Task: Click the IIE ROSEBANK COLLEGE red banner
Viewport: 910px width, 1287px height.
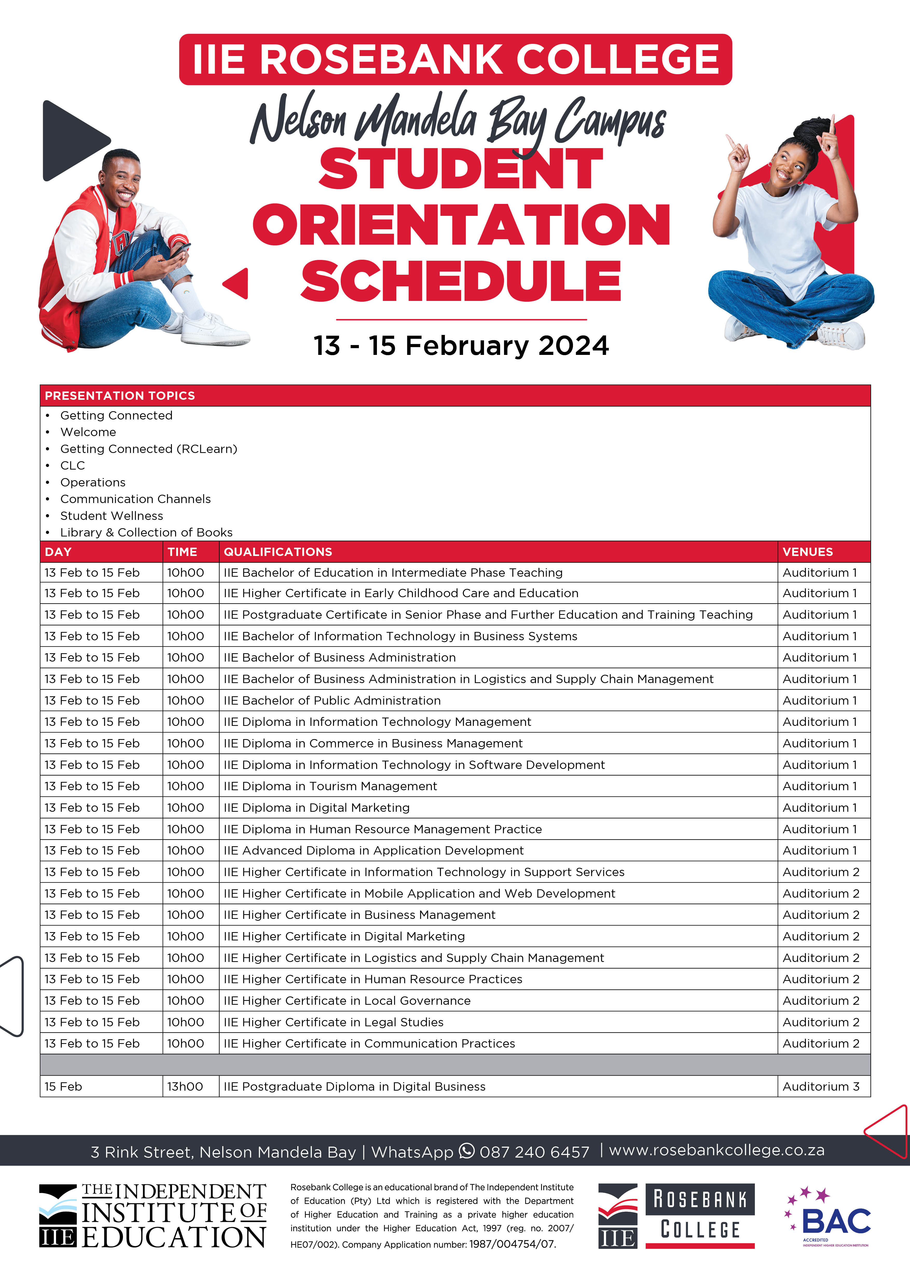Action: (455, 59)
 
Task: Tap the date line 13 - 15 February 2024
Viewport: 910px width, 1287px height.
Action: (461, 346)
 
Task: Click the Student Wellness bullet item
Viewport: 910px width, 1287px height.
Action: (112, 516)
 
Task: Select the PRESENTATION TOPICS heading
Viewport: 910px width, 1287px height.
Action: (120, 396)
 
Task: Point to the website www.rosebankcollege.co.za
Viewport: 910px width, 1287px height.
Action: (716, 1150)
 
